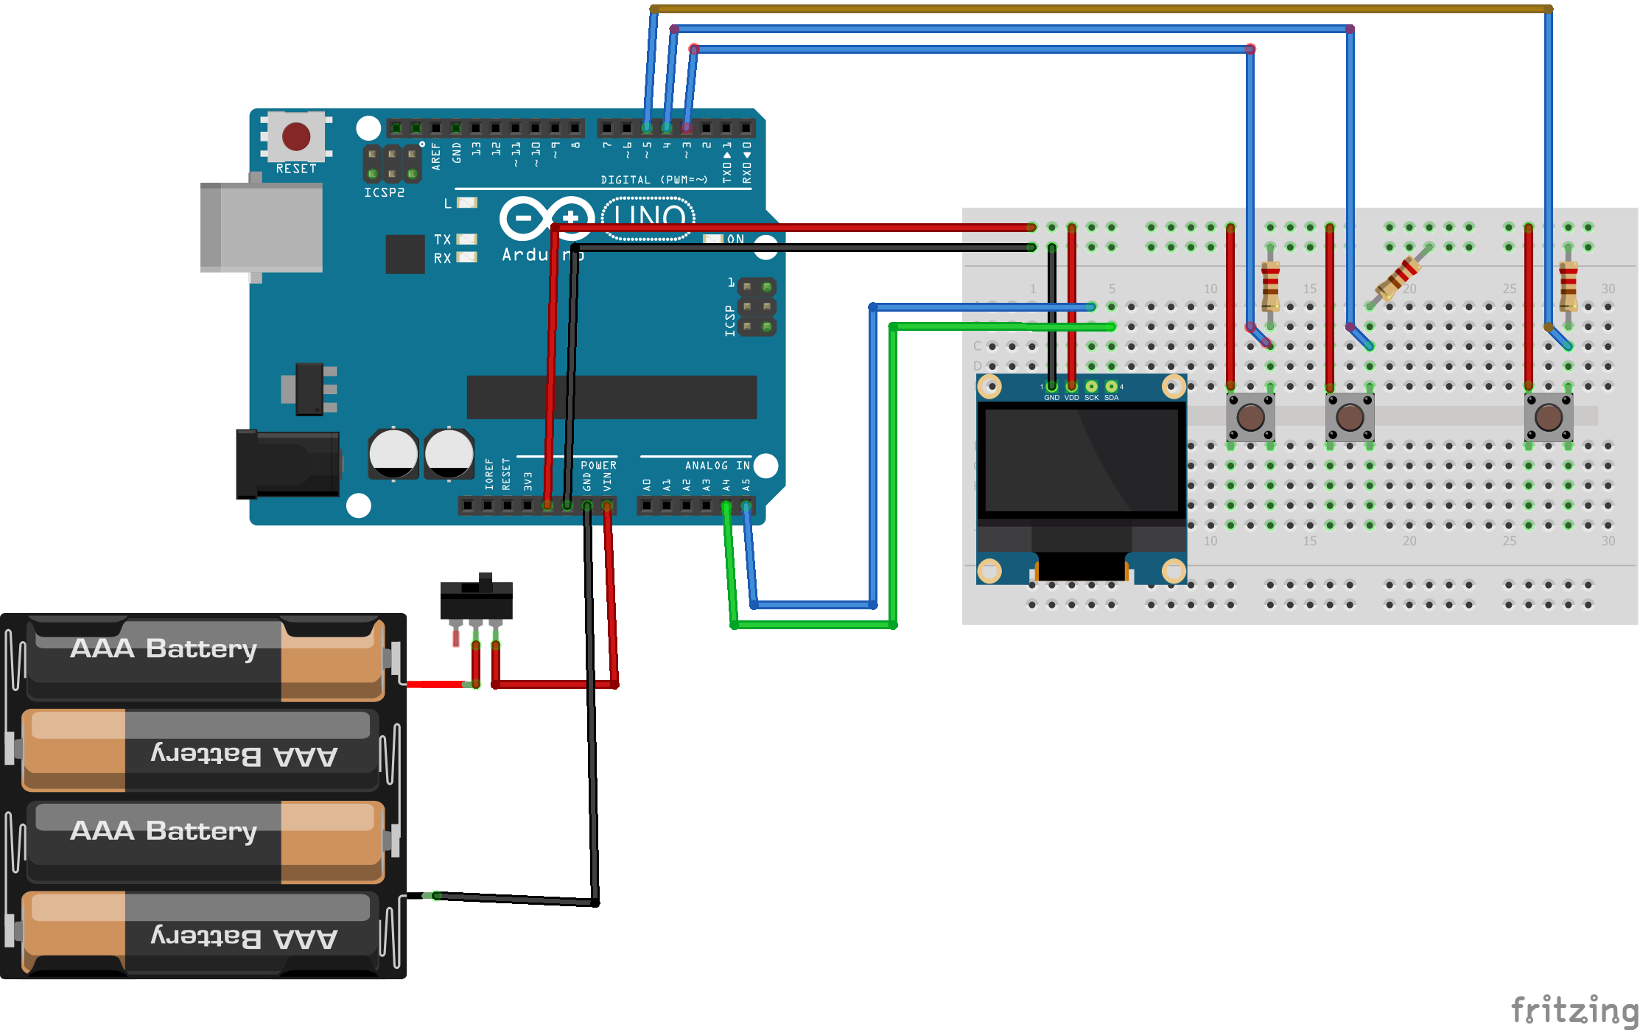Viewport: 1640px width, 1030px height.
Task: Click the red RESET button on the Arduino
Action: [x=296, y=136]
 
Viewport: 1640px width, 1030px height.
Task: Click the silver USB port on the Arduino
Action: [x=261, y=228]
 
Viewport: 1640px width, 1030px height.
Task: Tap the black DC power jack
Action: [x=287, y=464]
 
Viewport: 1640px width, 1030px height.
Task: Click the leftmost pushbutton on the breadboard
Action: [x=1250, y=417]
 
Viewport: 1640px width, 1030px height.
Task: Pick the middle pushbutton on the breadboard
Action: [x=1350, y=417]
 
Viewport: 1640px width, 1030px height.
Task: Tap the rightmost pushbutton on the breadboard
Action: [x=1549, y=417]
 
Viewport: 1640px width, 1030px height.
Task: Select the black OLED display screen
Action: [x=1082, y=460]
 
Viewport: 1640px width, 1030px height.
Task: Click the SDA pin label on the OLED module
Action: [x=1111, y=398]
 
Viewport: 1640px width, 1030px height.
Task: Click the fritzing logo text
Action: [x=1574, y=1009]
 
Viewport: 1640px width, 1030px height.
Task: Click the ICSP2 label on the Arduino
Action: [x=384, y=193]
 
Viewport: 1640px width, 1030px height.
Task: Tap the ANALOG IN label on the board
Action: [x=717, y=466]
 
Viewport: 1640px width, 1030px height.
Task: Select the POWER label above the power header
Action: [x=598, y=466]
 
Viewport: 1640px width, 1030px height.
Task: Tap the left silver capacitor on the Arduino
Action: [x=393, y=452]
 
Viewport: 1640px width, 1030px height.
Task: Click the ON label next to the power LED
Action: [x=735, y=239]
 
